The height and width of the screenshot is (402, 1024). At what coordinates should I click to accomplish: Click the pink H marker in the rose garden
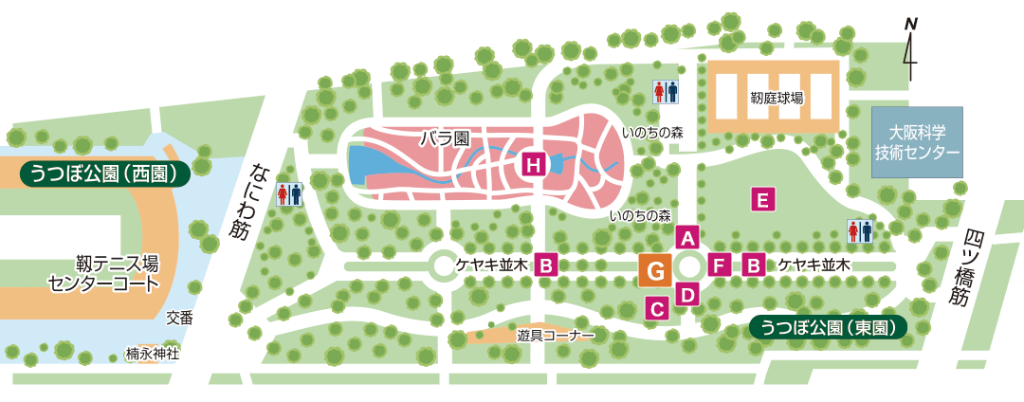click(534, 165)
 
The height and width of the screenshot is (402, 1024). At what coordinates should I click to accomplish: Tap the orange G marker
click(655, 271)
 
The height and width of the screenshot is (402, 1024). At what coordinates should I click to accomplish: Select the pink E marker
click(761, 199)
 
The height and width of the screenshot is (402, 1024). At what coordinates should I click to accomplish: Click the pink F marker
click(720, 265)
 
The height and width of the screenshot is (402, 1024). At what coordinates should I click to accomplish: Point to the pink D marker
click(688, 294)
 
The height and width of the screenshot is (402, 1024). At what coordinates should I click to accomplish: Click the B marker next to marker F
click(754, 265)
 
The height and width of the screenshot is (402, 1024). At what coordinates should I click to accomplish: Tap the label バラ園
click(445, 138)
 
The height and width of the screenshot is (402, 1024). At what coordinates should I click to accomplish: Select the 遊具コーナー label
click(556, 336)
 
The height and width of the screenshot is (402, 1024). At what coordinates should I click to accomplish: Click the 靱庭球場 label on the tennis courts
click(777, 97)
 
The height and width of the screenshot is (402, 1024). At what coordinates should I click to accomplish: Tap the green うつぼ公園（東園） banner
click(827, 327)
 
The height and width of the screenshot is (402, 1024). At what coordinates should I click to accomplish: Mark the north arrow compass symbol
click(910, 48)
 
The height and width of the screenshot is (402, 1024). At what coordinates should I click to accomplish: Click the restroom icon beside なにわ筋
click(289, 194)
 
